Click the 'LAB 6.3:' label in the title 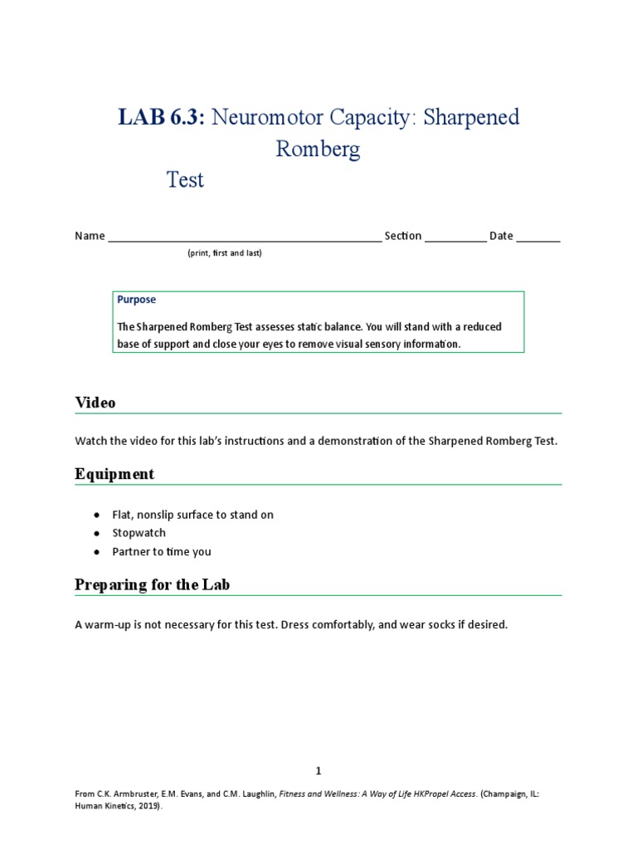161,117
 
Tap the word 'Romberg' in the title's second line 318,149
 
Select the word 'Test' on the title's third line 185,179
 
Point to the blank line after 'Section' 455,237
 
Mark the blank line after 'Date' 538,237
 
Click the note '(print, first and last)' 224,253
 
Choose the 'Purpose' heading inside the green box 136,300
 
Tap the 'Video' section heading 95,403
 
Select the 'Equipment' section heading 114,474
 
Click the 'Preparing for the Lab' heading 153,584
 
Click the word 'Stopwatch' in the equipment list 139,533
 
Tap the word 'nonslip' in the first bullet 159,515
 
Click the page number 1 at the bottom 318,770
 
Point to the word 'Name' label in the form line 90,236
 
